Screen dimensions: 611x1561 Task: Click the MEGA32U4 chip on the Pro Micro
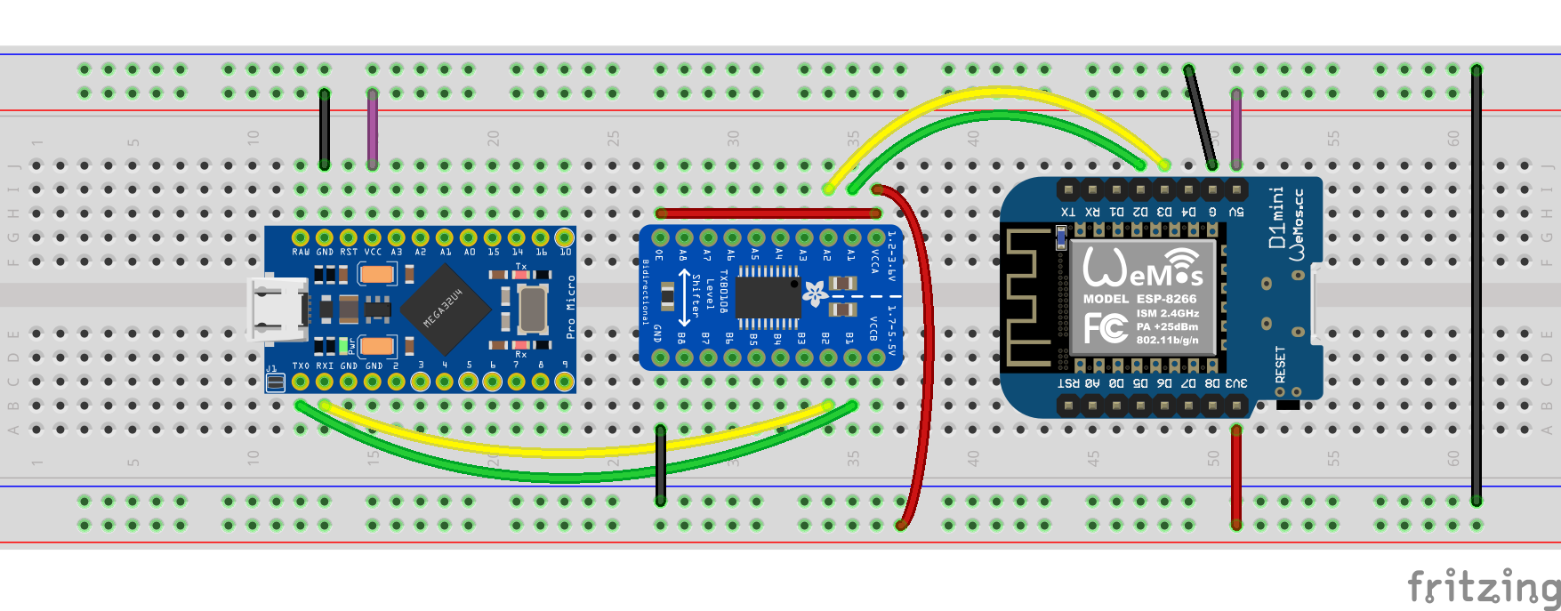tap(445, 307)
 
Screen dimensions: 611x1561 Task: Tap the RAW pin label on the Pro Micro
tap(301, 253)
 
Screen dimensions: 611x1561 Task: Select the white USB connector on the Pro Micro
tap(276, 309)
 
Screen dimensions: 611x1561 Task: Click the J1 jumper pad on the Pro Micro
tap(276, 382)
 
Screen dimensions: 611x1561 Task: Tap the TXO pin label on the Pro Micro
tap(301, 366)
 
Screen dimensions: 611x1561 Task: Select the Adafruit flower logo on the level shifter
tap(815, 293)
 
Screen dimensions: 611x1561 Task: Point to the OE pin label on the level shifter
tap(659, 255)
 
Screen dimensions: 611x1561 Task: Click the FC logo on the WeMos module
tap(1106, 327)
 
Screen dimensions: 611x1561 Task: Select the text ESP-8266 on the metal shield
tap(1166, 299)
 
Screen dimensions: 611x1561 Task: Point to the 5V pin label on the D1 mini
tap(1236, 213)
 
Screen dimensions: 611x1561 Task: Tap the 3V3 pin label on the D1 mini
tap(1236, 383)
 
